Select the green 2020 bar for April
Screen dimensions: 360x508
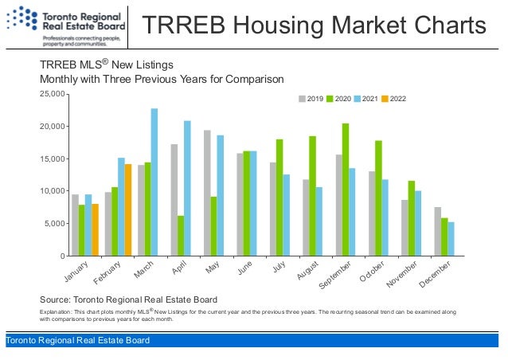[181, 236]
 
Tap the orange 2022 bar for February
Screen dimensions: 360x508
[128, 209]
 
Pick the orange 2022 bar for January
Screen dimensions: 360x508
[95, 229]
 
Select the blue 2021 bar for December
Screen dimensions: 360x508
[451, 239]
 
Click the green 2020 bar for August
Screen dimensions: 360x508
[313, 196]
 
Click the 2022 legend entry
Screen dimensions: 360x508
[393, 99]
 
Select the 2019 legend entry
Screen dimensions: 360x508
[309, 99]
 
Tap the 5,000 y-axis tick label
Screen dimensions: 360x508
[54, 224]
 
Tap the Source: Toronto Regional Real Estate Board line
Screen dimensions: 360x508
[128, 299]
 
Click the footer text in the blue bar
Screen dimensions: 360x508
[77, 341]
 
